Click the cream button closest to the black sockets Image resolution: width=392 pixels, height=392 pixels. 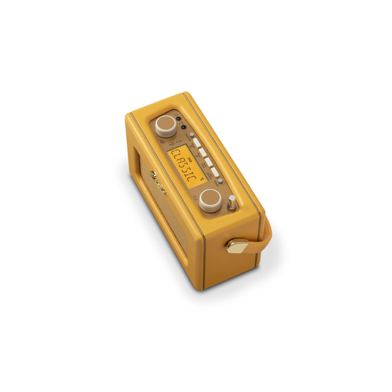click(x=197, y=143)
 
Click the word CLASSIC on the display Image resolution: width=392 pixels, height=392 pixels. click(x=181, y=166)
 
